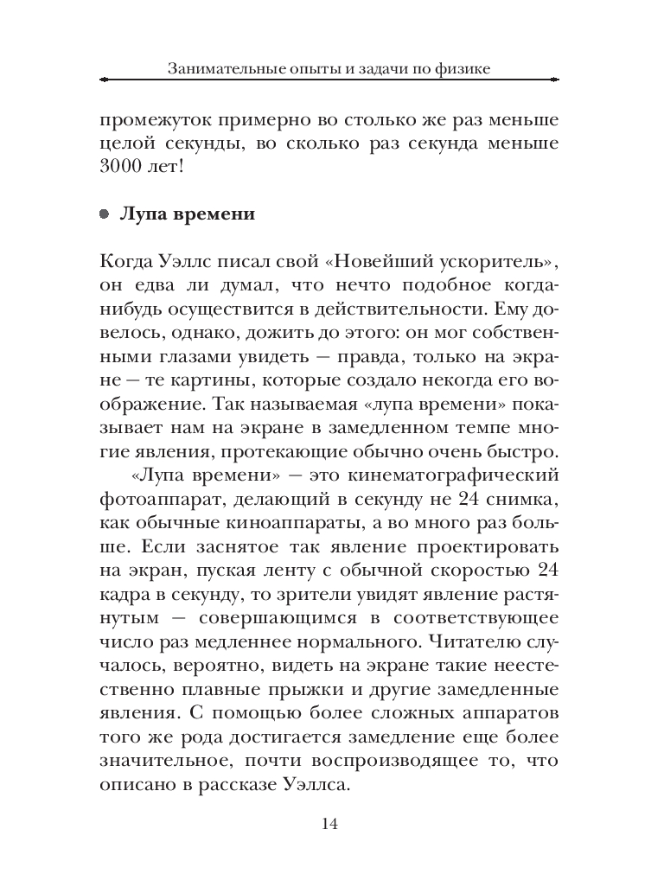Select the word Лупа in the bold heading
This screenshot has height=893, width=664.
coord(142,214)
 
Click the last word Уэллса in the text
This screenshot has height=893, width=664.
coord(315,786)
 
